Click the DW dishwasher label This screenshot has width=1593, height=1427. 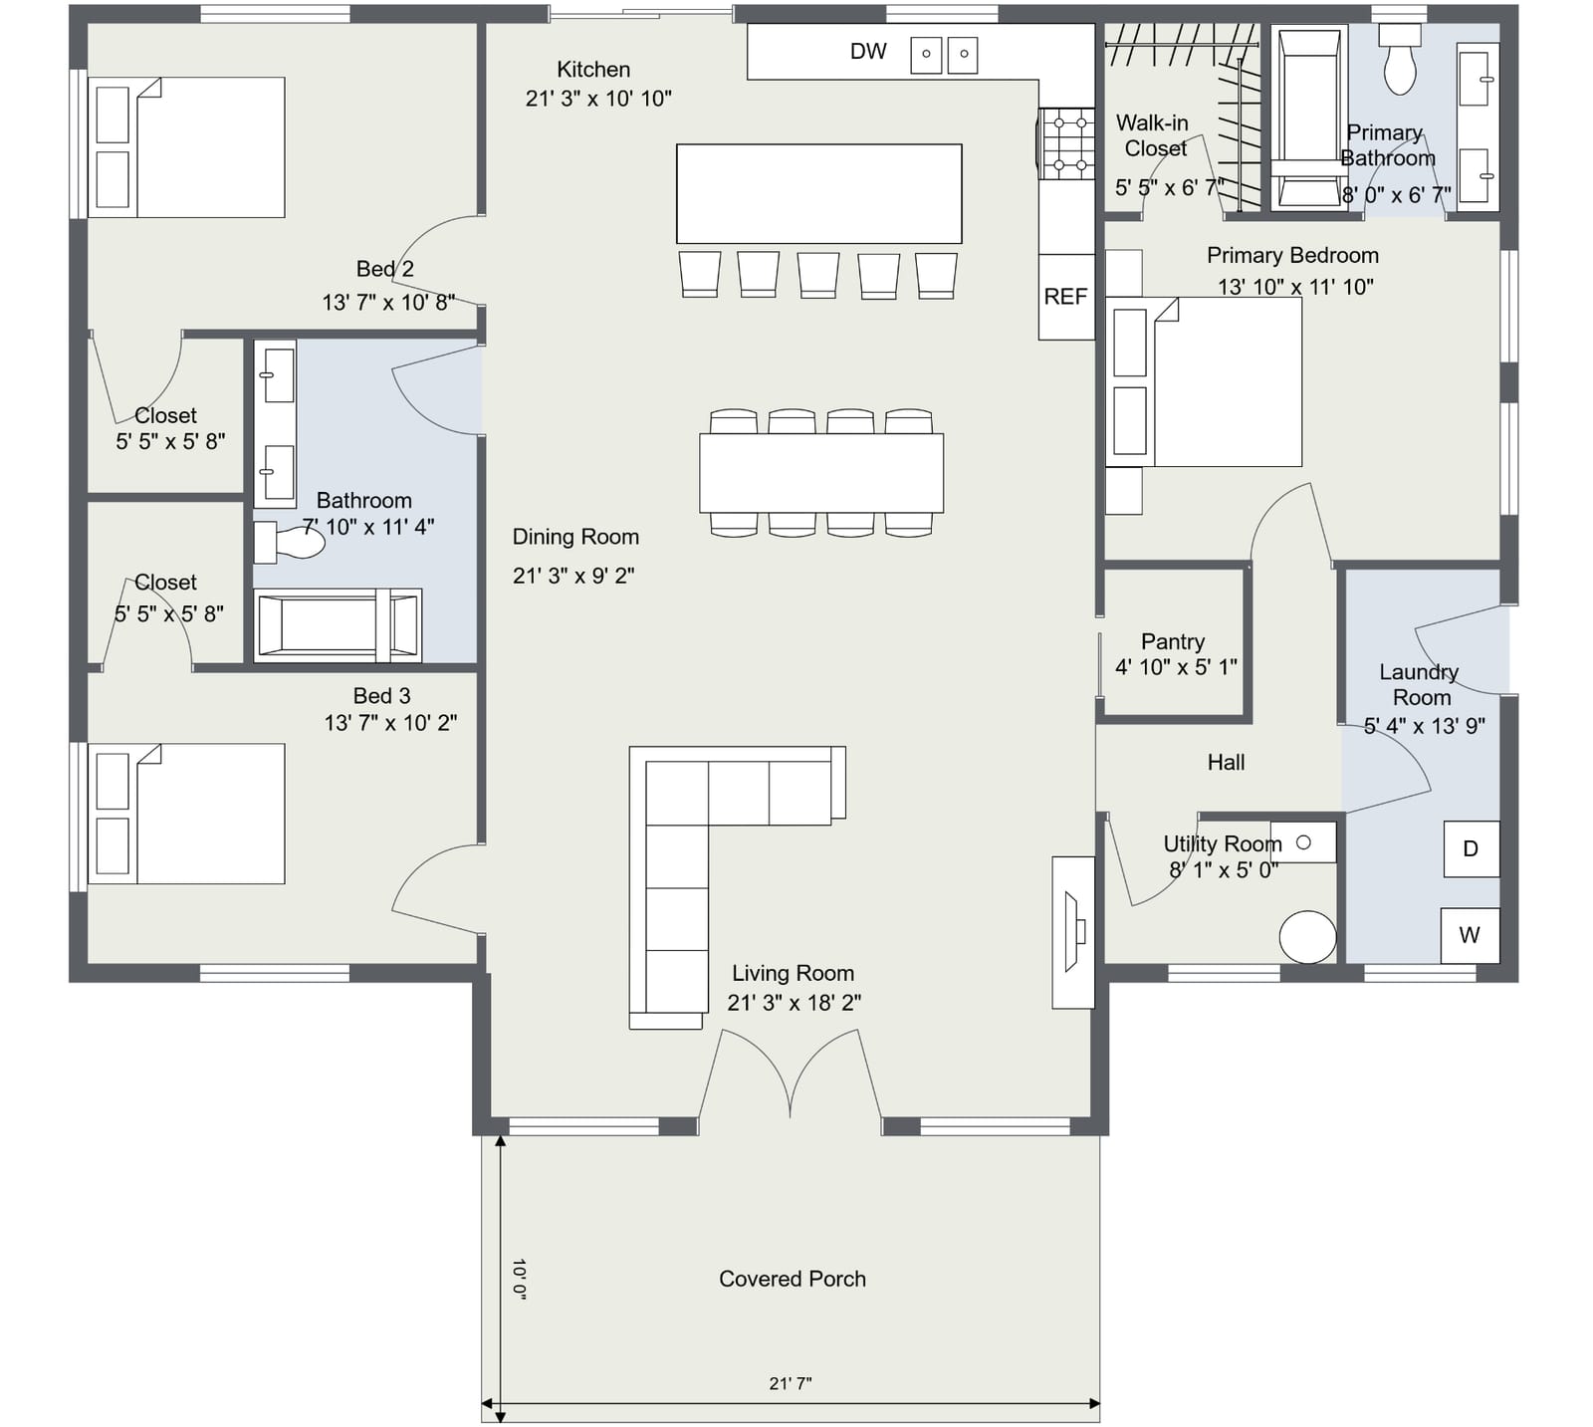(868, 52)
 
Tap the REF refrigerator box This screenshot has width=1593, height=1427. (1066, 297)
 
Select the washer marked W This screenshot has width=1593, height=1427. (1470, 936)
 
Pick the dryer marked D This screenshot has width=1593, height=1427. (1471, 849)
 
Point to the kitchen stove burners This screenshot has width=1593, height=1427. (1066, 144)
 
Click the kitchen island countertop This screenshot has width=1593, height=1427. (819, 193)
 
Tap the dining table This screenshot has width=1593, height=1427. (821, 473)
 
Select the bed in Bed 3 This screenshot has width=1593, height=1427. (186, 814)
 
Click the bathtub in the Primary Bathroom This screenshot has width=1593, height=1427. (1308, 118)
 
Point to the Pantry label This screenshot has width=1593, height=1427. (1173, 641)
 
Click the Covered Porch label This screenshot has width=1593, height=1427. (793, 1279)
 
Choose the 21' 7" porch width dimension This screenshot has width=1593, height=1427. (791, 1383)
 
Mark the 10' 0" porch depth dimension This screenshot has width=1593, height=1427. (519, 1279)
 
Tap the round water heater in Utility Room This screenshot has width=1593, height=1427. (1307, 937)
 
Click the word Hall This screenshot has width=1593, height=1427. (1226, 763)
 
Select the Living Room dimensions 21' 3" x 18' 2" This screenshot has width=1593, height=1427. (794, 1003)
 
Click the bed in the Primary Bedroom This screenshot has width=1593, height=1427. (1204, 381)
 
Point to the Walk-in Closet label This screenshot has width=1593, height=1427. (1152, 135)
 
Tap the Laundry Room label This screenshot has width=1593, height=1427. (1420, 685)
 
